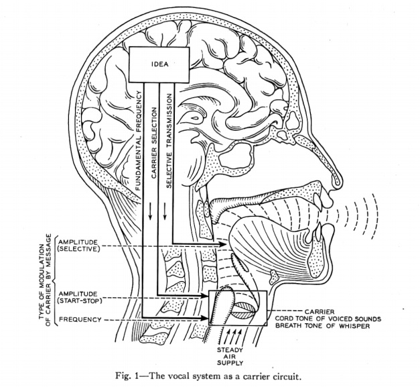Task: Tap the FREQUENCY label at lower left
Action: pos(80,320)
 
